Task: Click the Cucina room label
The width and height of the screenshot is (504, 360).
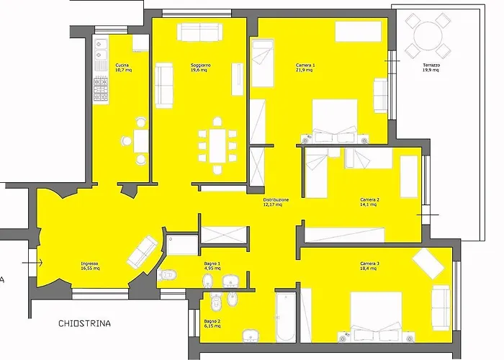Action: coord(123,68)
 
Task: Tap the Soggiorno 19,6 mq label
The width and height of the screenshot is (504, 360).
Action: coord(200,68)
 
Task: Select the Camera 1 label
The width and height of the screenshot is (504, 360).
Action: coord(305,68)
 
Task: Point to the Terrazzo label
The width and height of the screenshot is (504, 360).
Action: coord(431,68)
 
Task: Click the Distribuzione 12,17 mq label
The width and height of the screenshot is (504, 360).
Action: coord(276,202)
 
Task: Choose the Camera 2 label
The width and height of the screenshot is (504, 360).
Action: coord(369,202)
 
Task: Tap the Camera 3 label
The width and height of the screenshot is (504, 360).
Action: coord(369,266)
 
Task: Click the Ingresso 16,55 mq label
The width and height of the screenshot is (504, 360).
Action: coord(90,266)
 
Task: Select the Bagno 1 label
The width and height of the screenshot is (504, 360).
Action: coord(212,266)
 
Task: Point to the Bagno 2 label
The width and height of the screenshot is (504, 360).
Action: coord(212,323)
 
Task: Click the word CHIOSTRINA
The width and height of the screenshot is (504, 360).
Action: coord(84,323)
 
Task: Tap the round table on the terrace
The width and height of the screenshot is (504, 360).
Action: coord(428,36)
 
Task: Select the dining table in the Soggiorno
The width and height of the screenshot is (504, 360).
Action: coord(217,145)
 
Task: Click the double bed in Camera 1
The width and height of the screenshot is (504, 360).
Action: coord(335,121)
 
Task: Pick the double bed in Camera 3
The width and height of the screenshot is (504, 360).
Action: coord(376,317)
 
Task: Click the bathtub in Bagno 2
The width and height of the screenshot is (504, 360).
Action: coord(285,317)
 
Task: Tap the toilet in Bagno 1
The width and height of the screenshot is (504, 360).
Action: coord(168,275)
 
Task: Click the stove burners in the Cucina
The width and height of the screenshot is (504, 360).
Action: coord(101,89)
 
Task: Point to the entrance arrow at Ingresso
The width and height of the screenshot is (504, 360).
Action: coord(32,263)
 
